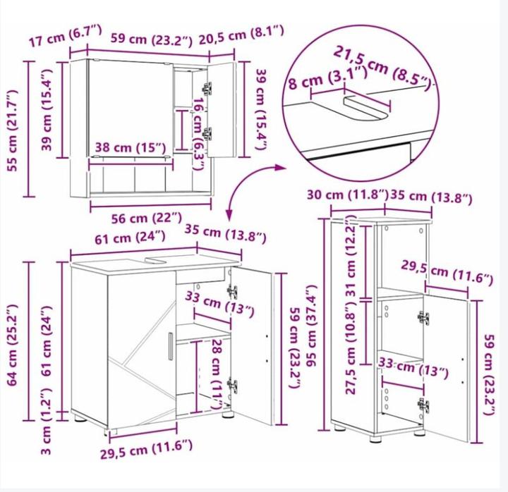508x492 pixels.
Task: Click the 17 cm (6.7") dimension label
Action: (x=65, y=36)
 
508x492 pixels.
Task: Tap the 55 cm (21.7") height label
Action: (x=13, y=130)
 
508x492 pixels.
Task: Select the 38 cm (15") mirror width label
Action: (x=131, y=148)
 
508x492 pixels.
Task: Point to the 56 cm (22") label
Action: (x=147, y=219)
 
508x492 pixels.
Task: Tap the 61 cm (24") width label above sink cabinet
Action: (x=130, y=238)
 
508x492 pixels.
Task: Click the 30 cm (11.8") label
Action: (x=348, y=195)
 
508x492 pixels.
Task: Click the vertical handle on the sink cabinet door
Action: (x=171, y=345)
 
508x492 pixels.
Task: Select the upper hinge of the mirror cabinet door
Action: (x=207, y=88)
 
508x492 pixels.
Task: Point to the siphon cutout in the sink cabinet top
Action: (x=156, y=260)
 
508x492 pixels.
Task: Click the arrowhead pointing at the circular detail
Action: (x=279, y=167)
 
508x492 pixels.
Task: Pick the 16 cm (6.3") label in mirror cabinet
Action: (x=198, y=134)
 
